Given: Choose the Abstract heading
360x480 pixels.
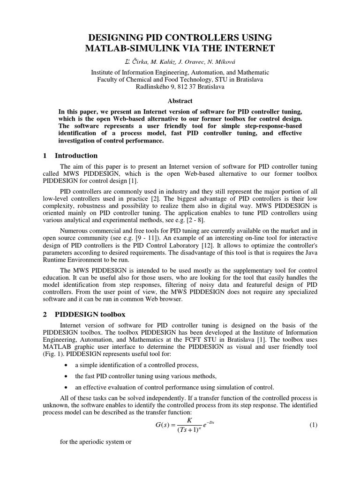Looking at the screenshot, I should [180, 101].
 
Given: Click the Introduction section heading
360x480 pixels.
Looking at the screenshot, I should [76, 156].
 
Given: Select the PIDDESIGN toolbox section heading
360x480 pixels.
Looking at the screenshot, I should [89, 315].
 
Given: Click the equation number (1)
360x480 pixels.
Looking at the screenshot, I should [314, 425].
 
